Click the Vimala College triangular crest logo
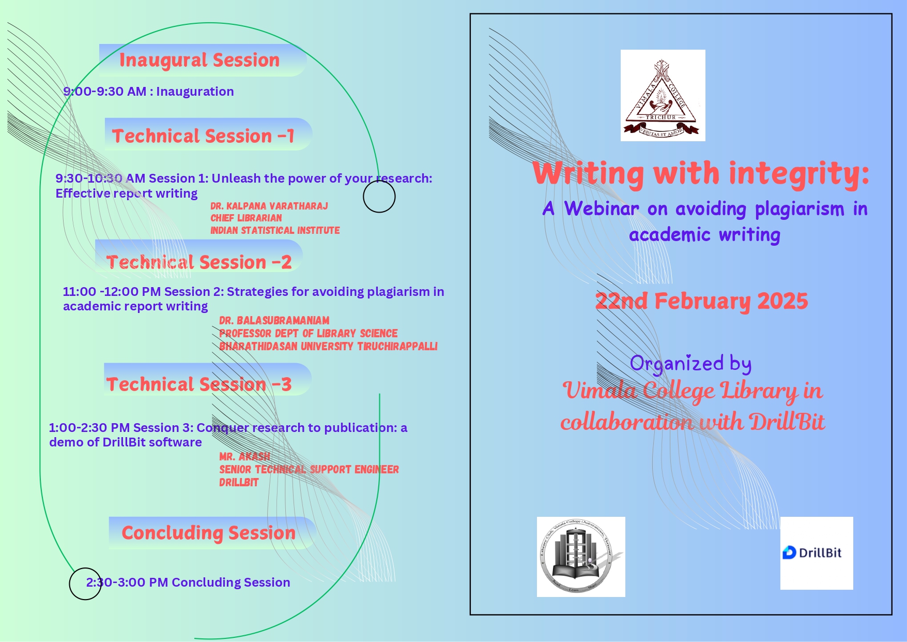663,95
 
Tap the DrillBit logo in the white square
817,553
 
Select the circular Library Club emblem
581,557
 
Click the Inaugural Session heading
199,60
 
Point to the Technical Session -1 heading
203,136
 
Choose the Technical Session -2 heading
199,262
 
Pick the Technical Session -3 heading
199,384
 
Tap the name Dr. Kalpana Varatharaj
269,206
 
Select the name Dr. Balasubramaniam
274,320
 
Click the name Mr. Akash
245,456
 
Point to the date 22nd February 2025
701,301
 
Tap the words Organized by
690,364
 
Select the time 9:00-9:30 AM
105,92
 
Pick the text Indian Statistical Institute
275,230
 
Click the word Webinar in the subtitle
602,208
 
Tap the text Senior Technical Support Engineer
309,469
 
